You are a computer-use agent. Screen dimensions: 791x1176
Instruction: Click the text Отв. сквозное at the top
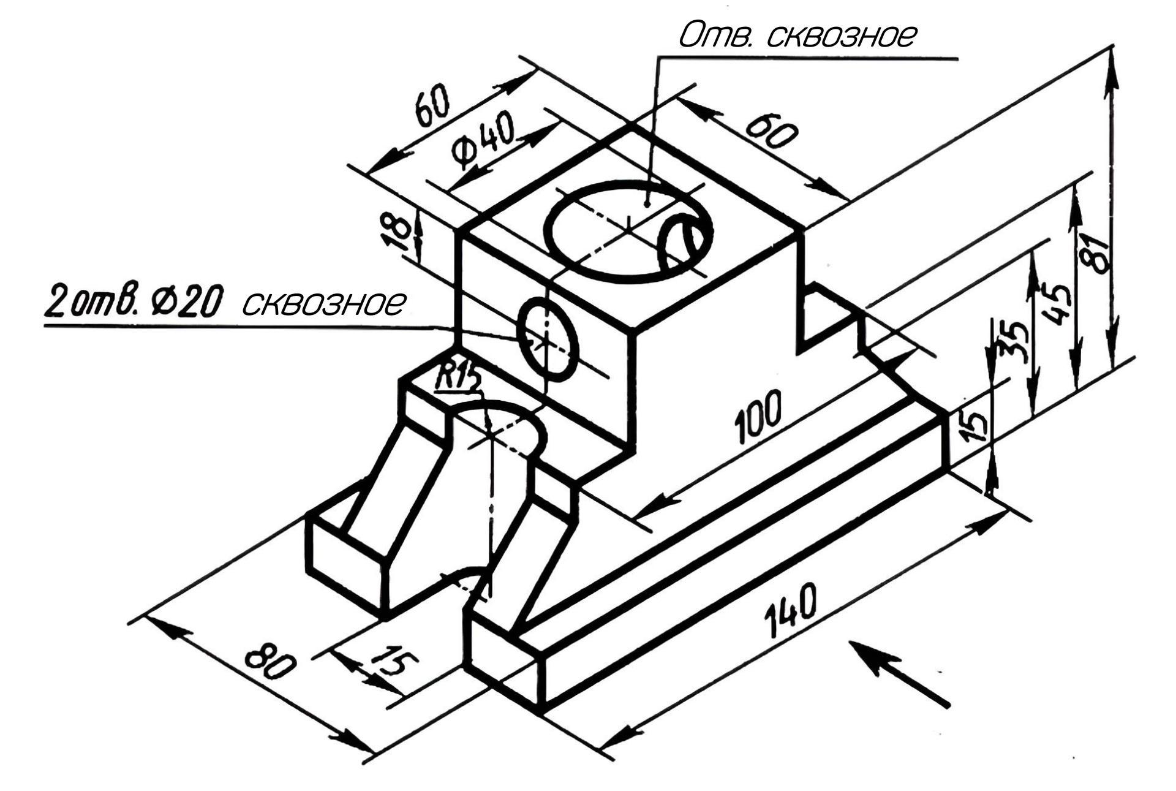(796, 36)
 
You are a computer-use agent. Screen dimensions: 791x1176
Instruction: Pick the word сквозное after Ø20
(325, 301)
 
